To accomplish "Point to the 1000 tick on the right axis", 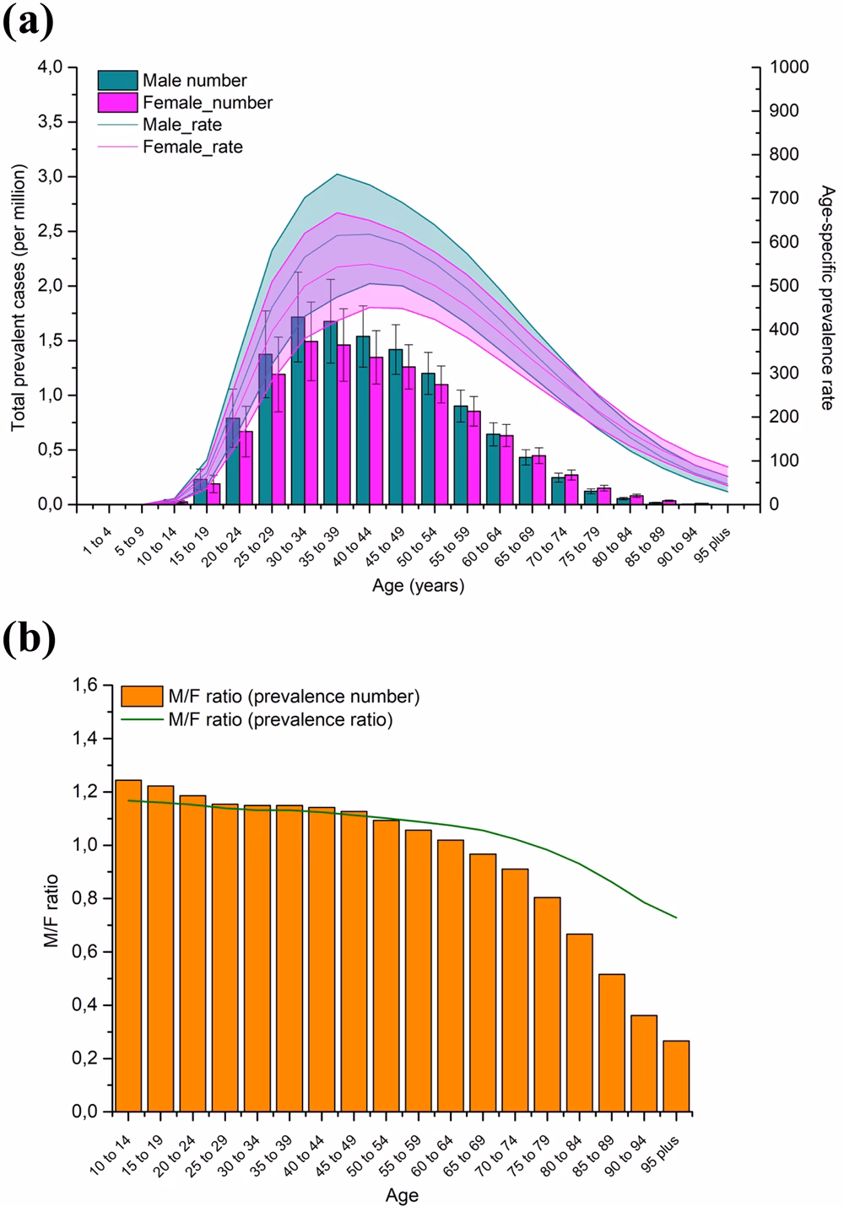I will pyautogui.click(x=784, y=67).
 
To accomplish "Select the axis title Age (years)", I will pyautogui.click(x=418, y=584).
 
